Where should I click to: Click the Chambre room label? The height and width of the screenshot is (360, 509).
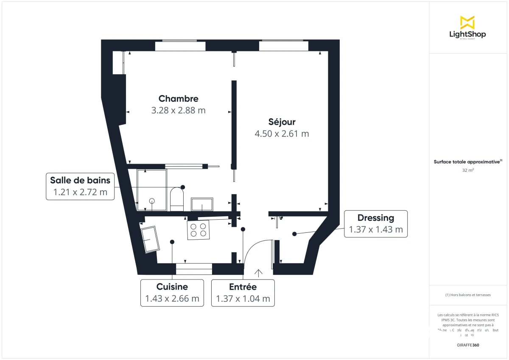click(x=178, y=99)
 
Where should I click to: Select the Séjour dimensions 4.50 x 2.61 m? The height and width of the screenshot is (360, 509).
click(x=282, y=134)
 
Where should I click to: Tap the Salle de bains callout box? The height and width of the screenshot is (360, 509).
click(x=80, y=187)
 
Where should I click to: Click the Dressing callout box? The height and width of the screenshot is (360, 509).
click(x=375, y=224)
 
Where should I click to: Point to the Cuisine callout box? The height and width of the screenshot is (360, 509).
click(x=172, y=293)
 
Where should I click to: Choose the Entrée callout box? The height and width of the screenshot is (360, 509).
click(x=243, y=293)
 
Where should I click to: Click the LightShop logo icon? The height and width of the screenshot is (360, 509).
click(x=467, y=22)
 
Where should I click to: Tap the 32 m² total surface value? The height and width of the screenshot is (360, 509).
click(x=468, y=170)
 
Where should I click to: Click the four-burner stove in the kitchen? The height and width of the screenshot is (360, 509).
click(x=199, y=230)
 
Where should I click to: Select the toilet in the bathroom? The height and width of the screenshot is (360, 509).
click(x=176, y=198)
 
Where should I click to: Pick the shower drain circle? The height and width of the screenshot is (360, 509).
click(x=151, y=201)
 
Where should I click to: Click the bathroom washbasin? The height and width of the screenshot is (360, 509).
click(x=202, y=204)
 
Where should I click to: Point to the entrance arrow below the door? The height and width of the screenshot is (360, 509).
click(x=258, y=273)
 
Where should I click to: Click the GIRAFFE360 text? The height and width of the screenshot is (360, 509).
click(x=468, y=345)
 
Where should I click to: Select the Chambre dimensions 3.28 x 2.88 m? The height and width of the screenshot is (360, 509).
click(x=178, y=111)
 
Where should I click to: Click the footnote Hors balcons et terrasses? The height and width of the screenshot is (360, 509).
click(x=468, y=295)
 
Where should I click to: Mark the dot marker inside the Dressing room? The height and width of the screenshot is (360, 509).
click(x=294, y=234)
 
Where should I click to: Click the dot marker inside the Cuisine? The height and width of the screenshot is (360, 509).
click(x=172, y=242)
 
